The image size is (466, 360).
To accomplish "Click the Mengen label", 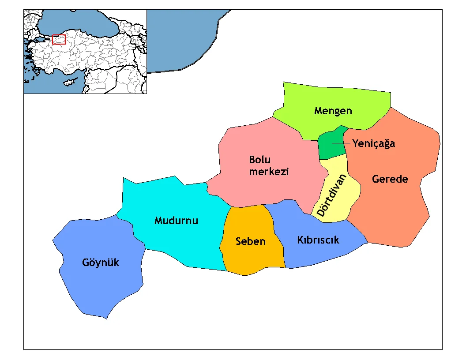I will coord(333,111).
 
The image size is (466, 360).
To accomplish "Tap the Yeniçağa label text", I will coord(373,143).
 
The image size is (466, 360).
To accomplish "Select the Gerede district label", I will coord(390,179).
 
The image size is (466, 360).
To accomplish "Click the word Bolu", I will coord(259,160).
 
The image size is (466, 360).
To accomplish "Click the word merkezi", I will coord(269,172).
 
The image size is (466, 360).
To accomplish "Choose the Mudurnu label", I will coord(176,220).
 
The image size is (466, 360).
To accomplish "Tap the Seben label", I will coord(250,241).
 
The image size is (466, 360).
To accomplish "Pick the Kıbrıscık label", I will coord(318,240).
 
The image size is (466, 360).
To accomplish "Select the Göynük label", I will coord(101,263).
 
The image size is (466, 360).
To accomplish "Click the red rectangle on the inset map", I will coord(59,39).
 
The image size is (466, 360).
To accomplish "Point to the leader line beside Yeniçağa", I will coord(341,143).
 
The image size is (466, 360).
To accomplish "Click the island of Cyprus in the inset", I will coord(70,82).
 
